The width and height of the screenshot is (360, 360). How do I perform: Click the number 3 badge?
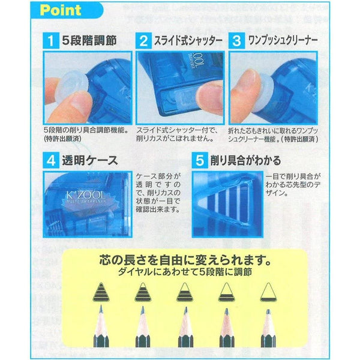coord(237,40)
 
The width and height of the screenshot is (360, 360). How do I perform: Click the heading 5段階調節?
coord(90,40)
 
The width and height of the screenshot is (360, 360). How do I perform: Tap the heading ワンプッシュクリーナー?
coord(286,40)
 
